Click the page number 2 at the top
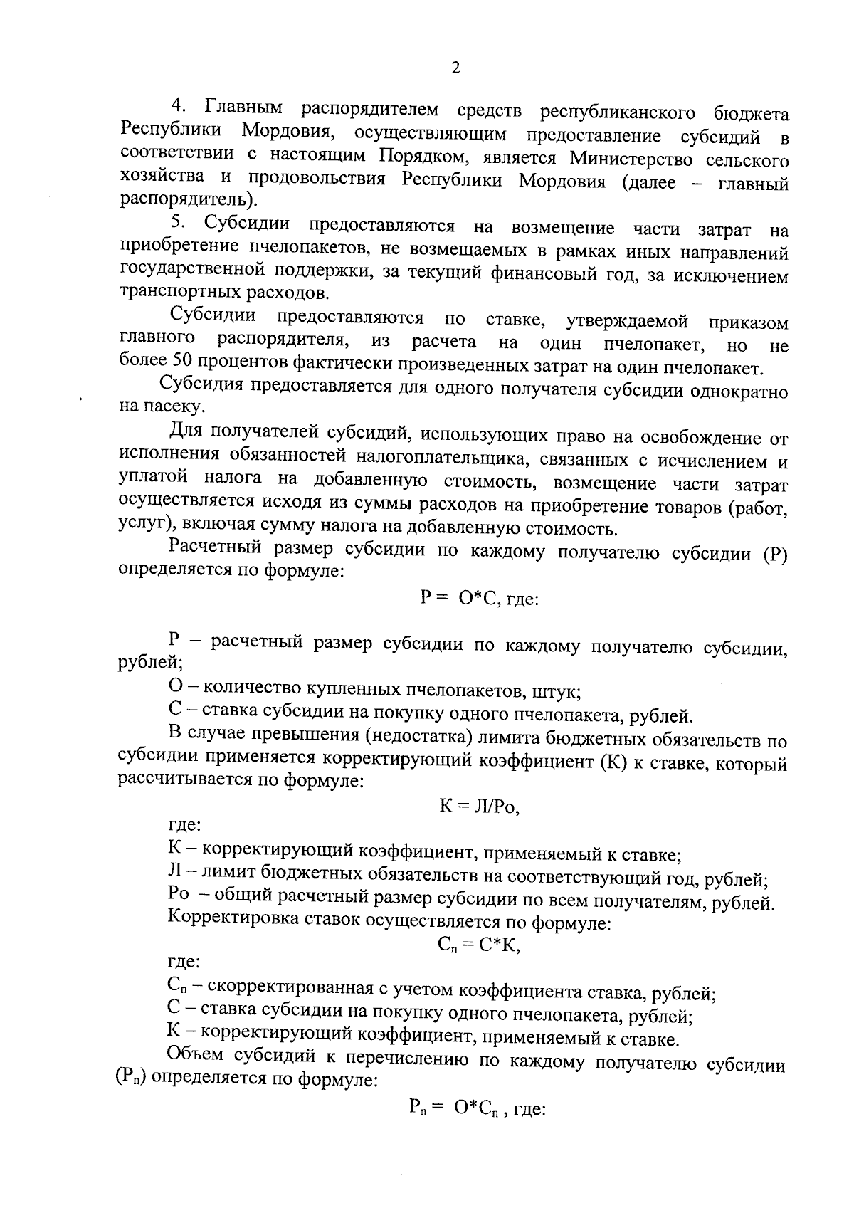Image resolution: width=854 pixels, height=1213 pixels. [x=455, y=68]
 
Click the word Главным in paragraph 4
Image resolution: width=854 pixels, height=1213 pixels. [x=243, y=108]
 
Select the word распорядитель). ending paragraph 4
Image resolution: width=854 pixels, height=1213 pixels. [x=189, y=198]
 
